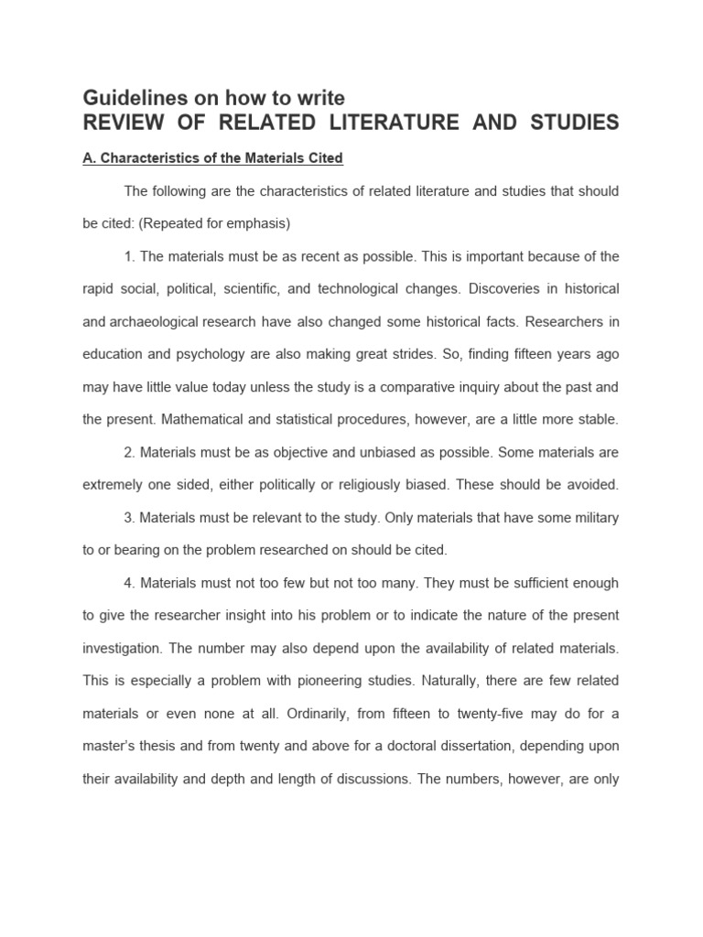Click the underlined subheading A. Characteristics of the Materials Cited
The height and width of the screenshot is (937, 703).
pyautogui.click(x=212, y=158)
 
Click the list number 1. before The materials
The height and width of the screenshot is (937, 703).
pyautogui.click(x=129, y=256)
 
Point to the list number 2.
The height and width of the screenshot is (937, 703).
pyautogui.click(x=129, y=452)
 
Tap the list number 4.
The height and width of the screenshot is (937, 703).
pyautogui.click(x=129, y=583)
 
